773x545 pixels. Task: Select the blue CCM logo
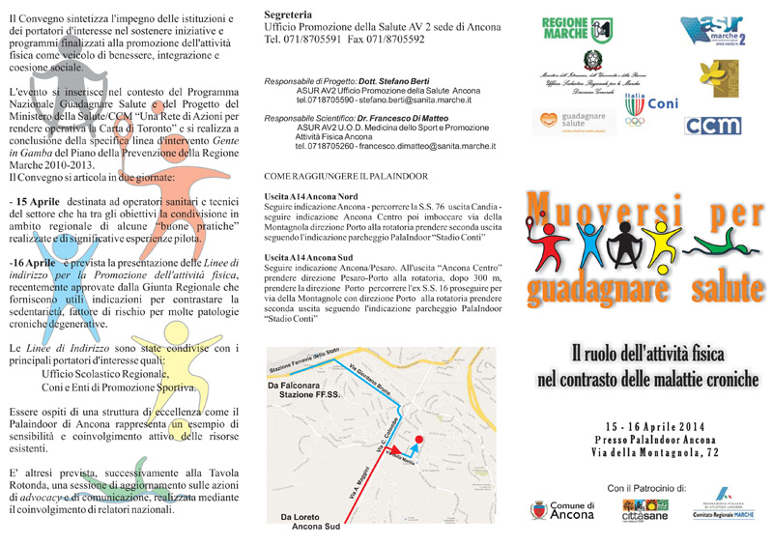(712, 125)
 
